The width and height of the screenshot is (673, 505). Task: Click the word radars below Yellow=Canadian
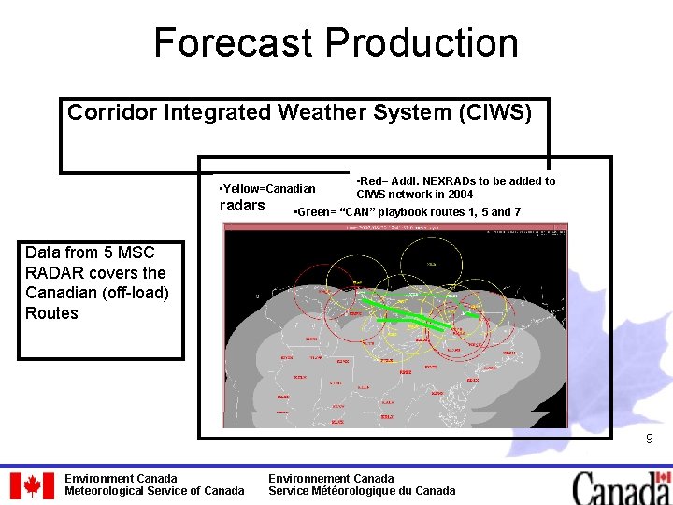pyautogui.click(x=241, y=206)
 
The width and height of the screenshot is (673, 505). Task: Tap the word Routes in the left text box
pyautogui.click(x=52, y=313)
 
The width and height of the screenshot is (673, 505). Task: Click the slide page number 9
pyautogui.click(x=648, y=439)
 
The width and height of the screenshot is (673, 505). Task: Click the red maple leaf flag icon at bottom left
pyautogui.click(x=32, y=484)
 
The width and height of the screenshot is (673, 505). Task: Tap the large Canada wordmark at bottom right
pyautogui.click(x=622, y=486)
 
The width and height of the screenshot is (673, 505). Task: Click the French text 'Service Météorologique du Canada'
pyautogui.click(x=362, y=491)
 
